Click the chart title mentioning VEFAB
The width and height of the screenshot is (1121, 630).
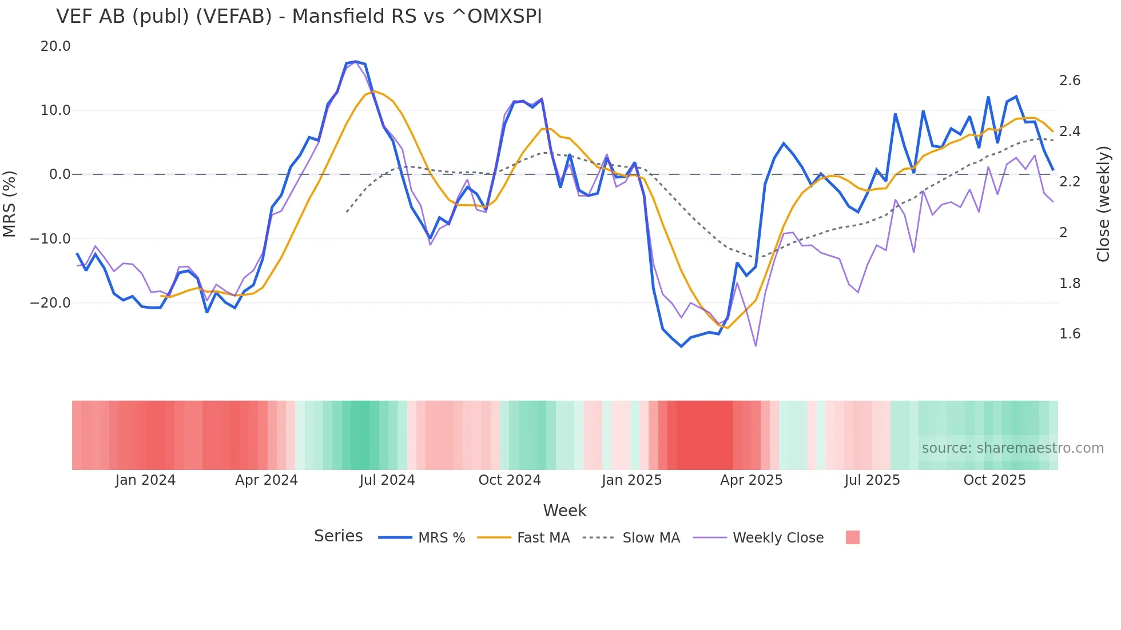click(x=299, y=17)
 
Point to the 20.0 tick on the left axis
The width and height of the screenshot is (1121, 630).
click(x=55, y=46)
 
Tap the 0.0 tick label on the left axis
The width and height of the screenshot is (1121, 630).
click(x=59, y=174)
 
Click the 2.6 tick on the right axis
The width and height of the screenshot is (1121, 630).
click(x=1070, y=81)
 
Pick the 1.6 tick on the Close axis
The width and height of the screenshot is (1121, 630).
click(x=1070, y=334)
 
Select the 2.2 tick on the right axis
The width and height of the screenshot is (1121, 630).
click(x=1070, y=182)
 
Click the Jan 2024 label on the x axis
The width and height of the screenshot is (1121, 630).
click(x=145, y=480)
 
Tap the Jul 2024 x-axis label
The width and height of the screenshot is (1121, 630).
click(x=387, y=480)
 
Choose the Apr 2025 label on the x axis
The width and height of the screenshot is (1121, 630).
click(x=751, y=480)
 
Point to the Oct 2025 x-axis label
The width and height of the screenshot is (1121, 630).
click(x=995, y=480)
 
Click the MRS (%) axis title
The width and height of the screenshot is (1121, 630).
click(x=10, y=204)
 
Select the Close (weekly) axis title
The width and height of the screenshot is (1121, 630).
click(x=1103, y=204)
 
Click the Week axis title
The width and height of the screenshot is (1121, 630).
click(x=565, y=511)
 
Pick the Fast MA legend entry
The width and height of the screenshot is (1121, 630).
click(x=543, y=538)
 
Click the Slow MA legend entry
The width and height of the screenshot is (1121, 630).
click(x=651, y=538)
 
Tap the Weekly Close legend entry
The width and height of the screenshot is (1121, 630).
click(x=778, y=538)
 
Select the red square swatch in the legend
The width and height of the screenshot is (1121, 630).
click(x=852, y=537)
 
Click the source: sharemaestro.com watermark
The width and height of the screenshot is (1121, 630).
click(x=1012, y=448)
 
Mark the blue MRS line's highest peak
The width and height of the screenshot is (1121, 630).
click(x=356, y=61)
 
